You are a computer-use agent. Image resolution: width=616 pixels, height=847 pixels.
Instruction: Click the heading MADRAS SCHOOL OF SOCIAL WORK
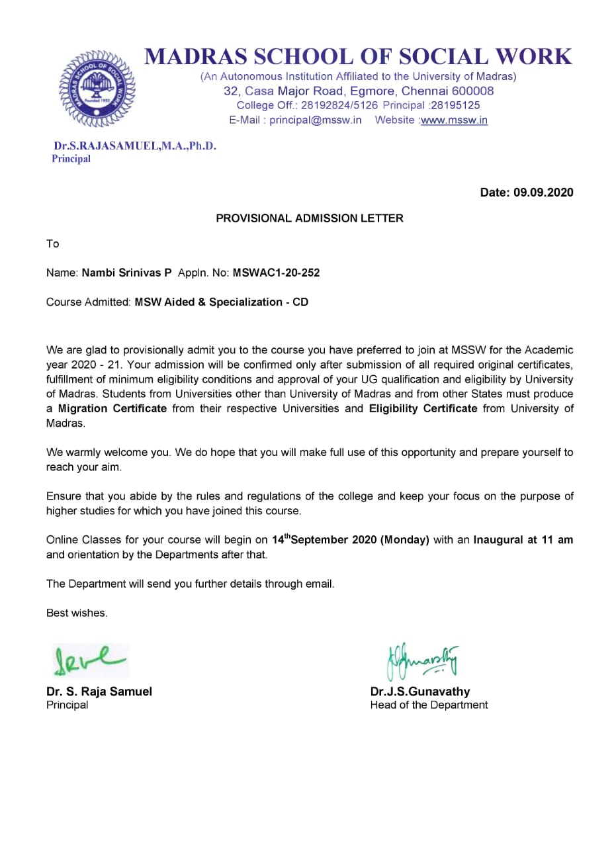pos(359,56)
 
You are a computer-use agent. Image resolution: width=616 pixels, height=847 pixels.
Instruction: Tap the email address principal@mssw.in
pos(316,120)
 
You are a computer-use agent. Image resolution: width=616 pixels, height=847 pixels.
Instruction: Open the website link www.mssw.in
pos(455,120)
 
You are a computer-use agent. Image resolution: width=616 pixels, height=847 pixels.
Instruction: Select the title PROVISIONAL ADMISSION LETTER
pos(309,218)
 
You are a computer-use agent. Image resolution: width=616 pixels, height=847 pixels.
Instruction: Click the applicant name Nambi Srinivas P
pos(126,273)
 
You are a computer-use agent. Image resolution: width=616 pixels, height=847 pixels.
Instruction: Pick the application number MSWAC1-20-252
pos(276,273)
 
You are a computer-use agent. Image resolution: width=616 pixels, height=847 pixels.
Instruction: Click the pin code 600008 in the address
pos(470,91)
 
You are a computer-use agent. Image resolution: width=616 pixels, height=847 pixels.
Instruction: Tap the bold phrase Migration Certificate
pos(112,408)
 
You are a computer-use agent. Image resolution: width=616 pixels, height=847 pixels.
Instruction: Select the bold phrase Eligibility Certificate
pos(423,408)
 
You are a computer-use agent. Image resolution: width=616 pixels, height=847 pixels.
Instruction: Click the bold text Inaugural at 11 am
pos(523,539)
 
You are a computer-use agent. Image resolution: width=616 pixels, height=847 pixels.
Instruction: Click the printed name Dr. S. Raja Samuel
pos(99,691)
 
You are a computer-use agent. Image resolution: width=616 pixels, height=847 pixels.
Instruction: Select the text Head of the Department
pos(429,705)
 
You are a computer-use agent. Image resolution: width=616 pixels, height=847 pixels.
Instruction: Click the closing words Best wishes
pos(77,613)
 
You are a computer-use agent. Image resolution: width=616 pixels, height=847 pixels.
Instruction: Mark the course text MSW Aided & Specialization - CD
pos(222,302)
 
